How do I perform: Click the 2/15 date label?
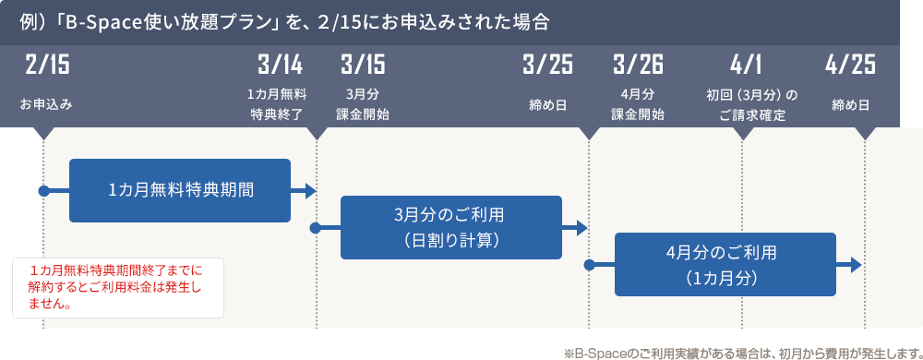click(47, 66)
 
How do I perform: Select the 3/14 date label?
click(280, 66)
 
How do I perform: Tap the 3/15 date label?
click(363, 66)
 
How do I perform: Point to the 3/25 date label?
click(547, 66)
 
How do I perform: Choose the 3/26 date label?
click(638, 66)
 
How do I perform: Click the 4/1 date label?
click(745, 66)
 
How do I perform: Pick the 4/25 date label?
click(850, 66)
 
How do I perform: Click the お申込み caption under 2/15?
click(46, 105)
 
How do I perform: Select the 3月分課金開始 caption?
click(363, 104)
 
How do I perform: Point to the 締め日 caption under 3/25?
click(547, 105)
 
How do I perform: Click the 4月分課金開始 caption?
click(638, 104)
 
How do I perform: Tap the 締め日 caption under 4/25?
click(850, 105)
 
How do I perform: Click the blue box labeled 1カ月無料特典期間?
click(180, 190)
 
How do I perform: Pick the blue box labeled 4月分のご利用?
click(725, 264)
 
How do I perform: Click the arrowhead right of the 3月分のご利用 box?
click(582, 227)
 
